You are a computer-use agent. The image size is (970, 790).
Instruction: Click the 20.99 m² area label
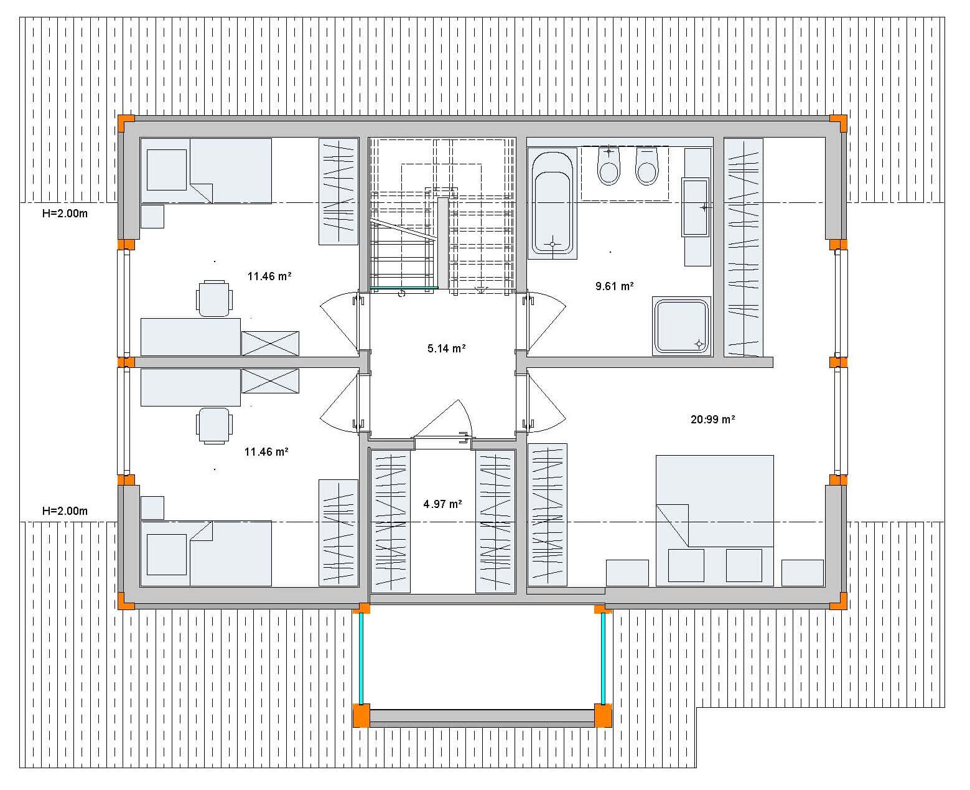(x=712, y=419)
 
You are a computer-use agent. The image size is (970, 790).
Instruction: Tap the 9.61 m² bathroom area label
(x=614, y=286)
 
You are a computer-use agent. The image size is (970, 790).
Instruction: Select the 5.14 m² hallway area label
(x=446, y=349)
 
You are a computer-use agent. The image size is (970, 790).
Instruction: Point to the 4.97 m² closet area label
(x=442, y=504)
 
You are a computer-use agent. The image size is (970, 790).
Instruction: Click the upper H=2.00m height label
(x=65, y=213)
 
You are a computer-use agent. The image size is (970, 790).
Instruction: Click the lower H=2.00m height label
(x=65, y=510)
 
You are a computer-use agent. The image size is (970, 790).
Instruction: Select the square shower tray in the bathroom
(x=681, y=326)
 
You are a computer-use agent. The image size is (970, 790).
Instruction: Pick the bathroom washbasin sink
(x=696, y=207)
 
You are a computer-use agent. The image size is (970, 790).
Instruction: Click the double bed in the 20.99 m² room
(x=714, y=520)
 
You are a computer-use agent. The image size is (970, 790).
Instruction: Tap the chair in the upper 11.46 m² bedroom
(x=214, y=298)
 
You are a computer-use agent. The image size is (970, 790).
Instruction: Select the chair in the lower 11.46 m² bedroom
(x=214, y=426)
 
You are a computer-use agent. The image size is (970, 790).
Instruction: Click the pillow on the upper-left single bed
(x=166, y=169)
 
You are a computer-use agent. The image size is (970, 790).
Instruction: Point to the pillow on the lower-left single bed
(x=166, y=555)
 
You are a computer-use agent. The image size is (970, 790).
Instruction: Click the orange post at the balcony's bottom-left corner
(x=361, y=716)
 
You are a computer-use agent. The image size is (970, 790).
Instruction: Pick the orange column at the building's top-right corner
(x=838, y=123)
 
